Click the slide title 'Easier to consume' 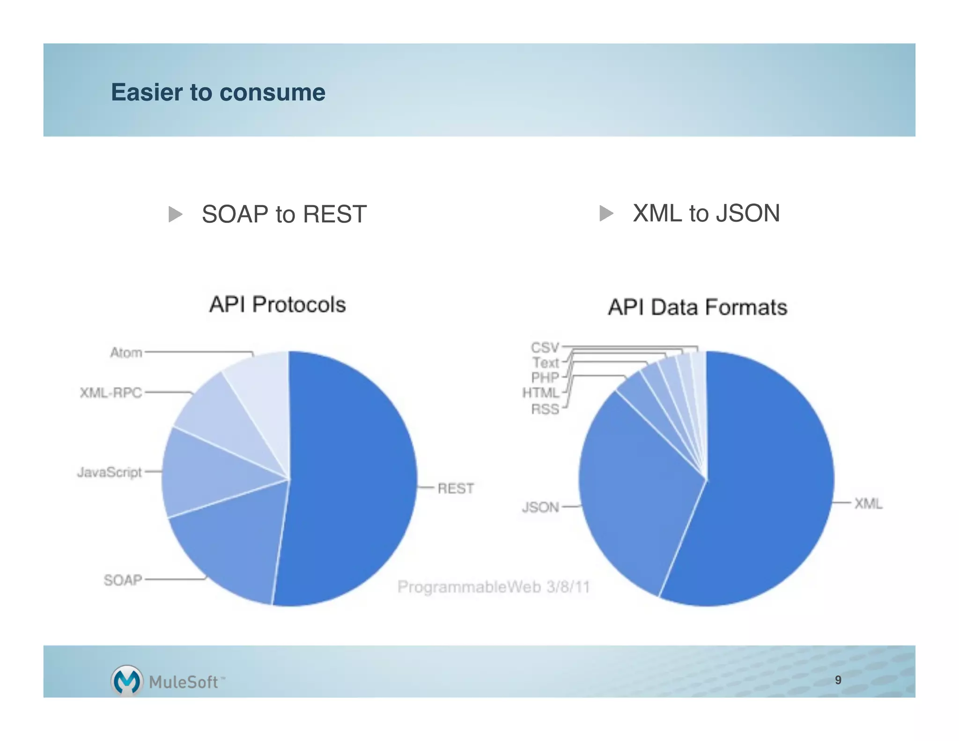point(218,92)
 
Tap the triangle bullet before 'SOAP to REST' point(175,214)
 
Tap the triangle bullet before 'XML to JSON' point(606,213)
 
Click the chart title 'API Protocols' point(277,304)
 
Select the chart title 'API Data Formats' point(697,307)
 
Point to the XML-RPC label point(111,393)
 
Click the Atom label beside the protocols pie point(126,352)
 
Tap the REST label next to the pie point(455,489)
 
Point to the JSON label point(540,507)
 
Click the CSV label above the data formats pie point(545,348)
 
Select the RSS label point(545,409)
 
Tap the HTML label point(541,393)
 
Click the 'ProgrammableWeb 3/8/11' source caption point(494,587)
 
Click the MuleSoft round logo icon point(126,680)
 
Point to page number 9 point(838,680)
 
